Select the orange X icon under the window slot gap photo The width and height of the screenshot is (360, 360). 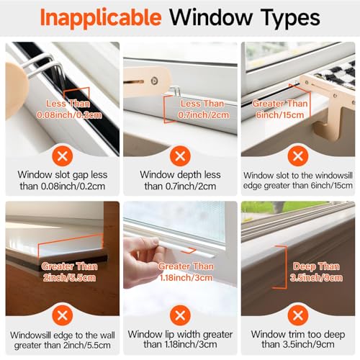click(62, 155)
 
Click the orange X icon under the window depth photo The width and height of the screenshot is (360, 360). click(179, 155)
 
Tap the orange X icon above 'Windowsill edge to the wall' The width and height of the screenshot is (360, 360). click(62, 315)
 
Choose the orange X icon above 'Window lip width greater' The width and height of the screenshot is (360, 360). click(179, 315)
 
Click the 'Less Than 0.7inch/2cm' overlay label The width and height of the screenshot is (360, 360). click(197, 109)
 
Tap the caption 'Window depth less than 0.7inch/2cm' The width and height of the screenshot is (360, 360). click(179, 181)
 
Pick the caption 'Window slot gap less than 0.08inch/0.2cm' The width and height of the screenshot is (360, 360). click(62, 181)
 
